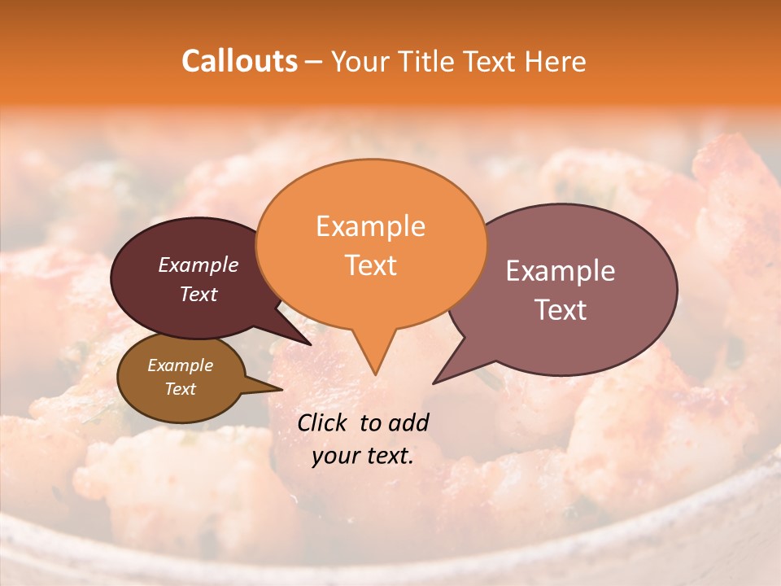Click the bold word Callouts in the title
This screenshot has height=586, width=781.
click(x=239, y=61)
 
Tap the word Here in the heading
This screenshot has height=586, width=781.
click(x=556, y=61)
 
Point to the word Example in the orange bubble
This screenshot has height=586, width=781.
click(x=370, y=226)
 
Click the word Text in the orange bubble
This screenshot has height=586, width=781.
click(x=370, y=265)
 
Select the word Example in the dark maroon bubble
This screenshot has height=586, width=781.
click(x=198, y=265)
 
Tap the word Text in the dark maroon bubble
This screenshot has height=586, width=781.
click(x=198, y=294)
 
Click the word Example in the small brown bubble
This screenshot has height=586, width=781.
click(x=180, y=365)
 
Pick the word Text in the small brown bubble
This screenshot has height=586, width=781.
click(x=180, y=389)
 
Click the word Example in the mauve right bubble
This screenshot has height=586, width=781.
click(x=561, y=271)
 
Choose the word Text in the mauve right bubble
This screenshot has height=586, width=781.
click(x=561, y=310)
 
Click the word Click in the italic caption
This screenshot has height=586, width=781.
click(x=322, y=422)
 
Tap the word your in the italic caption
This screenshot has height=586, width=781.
click(x=335, y=456)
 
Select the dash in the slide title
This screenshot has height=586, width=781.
click(x=313, y=62)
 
